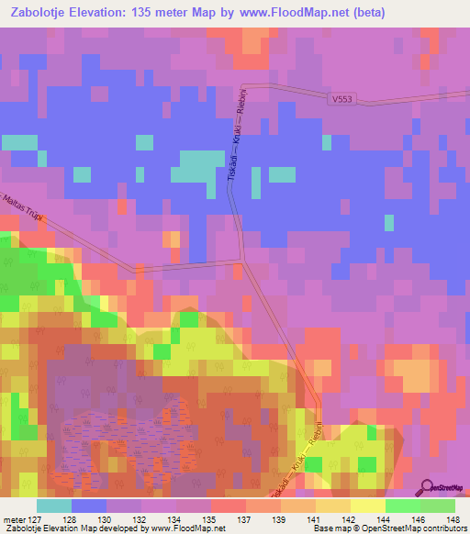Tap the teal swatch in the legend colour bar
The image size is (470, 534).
point(54,506)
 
